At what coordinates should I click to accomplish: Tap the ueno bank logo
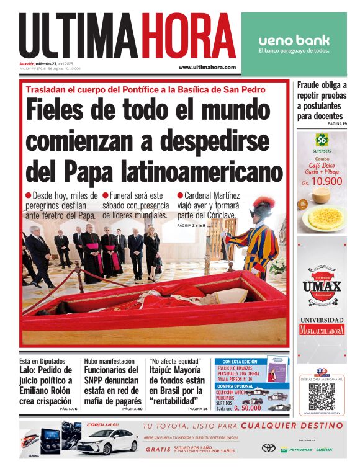(x=294, y=41)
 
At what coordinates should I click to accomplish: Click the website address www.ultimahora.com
(x=207, y=67)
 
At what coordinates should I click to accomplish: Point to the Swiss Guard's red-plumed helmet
(x=264, y=205)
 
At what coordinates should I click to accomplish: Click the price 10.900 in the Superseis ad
(x=326, y=182)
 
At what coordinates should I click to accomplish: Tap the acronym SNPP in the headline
(x=99, y=380)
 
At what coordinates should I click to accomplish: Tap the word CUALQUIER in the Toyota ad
(x=271, y=426)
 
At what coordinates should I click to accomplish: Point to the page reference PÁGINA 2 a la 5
(x=191, y=225)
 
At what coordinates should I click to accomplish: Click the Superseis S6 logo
(x=321, y=138)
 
